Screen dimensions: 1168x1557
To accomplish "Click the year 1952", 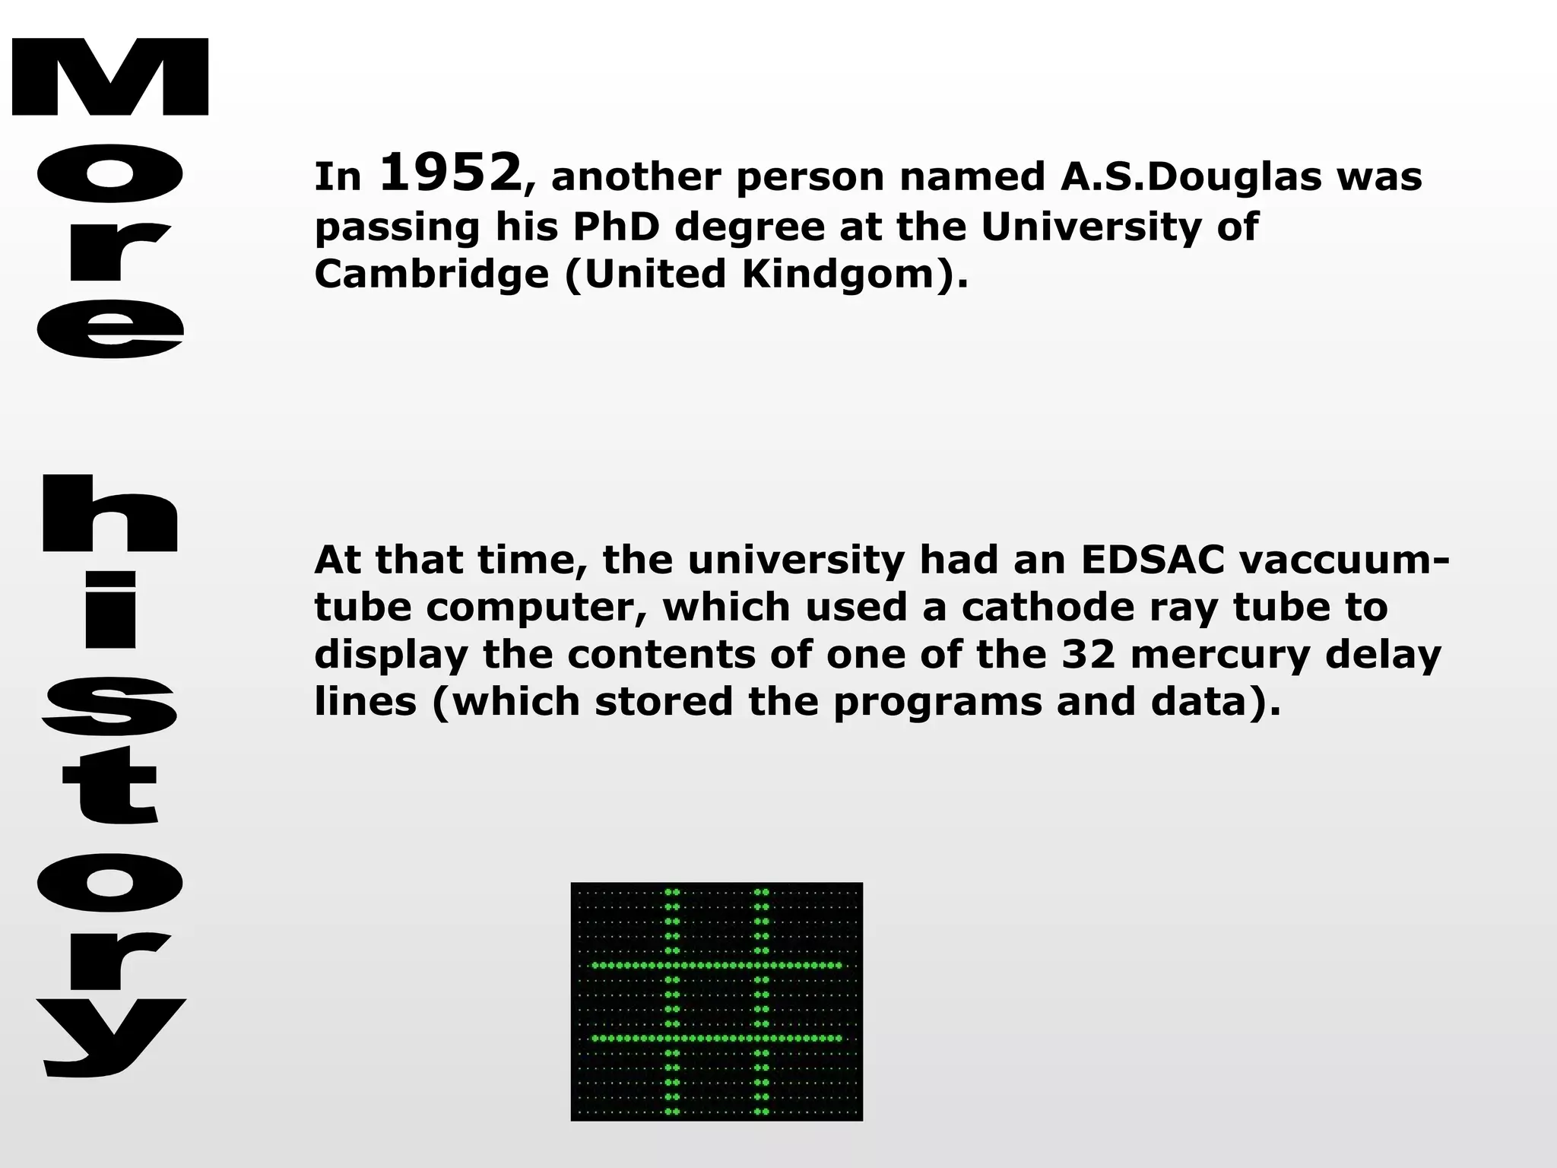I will click(x=450, y=173).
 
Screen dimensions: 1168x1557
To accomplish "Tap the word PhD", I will click(x=616, y=227).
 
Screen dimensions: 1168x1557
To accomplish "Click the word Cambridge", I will click(x=431, y=274).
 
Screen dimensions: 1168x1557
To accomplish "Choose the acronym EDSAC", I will click(x=1152, y=560).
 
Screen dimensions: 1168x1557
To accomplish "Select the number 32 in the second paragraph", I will click(x=1088, y=654).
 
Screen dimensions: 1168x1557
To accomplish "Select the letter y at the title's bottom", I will click(x=110, y=1038).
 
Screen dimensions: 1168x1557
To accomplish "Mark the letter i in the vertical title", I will click(x=110, y=610).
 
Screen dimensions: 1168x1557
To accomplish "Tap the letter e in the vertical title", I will click(x=110, y=328).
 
